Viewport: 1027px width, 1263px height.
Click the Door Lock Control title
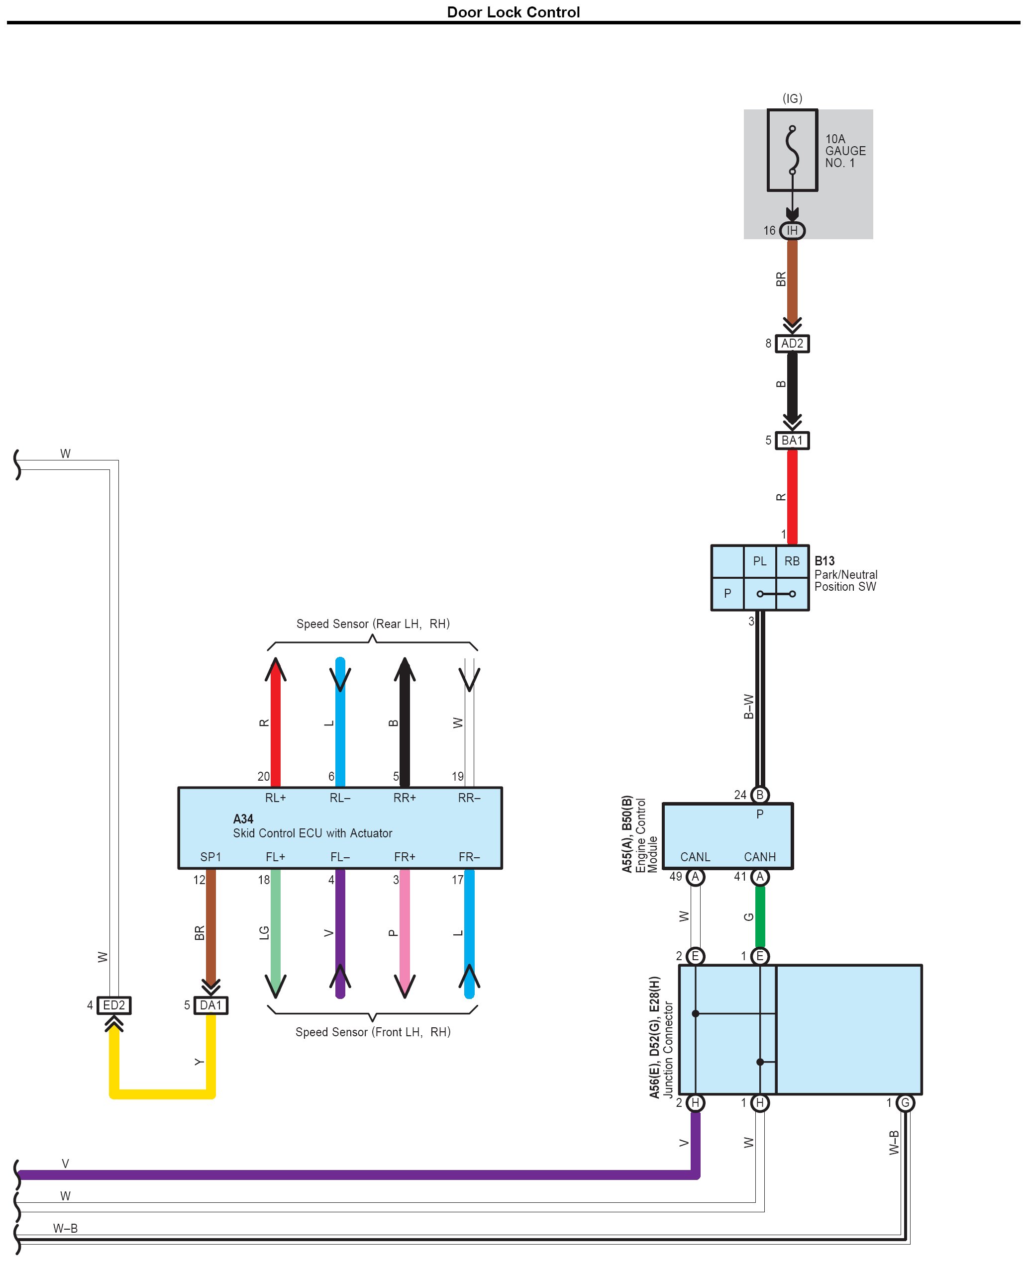tap(513, 12)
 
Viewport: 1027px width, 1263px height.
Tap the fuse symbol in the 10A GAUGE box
tap(792, 150)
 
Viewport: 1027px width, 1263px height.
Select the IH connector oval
tap(792, 231)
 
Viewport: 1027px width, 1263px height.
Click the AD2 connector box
tap(792, 344)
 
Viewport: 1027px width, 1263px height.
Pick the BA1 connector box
tap(792, 441)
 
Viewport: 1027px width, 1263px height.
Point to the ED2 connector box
tap(114, 1005)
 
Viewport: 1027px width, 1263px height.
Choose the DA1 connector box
tap(210, 1005)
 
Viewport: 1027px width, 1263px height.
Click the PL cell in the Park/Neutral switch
tap(760, 561)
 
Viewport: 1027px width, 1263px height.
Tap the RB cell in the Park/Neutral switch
tap(792, 561)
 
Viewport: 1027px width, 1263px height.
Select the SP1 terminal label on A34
tap(210, 857)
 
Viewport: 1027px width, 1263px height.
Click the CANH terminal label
tap(760, 857)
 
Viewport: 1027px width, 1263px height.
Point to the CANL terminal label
tap(695, 857)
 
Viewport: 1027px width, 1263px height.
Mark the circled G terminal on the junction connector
tap(905, 1103)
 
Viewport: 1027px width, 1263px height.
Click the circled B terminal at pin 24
tap(760, 795)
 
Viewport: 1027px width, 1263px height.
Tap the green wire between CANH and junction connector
tap(760, 916)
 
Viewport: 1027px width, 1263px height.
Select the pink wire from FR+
tap(405, 928)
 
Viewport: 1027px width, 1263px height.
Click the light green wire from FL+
tap(276, 928)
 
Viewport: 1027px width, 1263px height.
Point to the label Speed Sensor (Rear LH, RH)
tap(373, 624)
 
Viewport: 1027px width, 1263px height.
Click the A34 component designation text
tap(243, 819)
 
